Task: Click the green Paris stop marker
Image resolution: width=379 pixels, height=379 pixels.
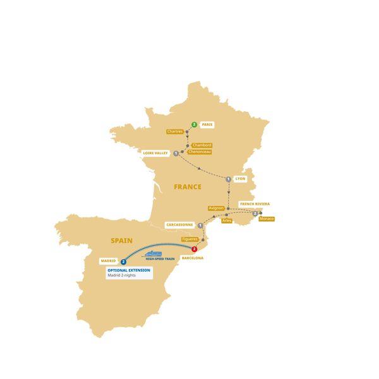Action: tap(194, 124)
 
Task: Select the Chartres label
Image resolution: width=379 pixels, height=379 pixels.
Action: tap(175, 131)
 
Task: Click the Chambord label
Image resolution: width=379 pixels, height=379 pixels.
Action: tap(202, 145)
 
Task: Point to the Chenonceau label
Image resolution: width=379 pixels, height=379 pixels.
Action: tap(199, 152)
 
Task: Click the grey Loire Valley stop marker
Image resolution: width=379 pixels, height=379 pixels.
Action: tap(176, 153)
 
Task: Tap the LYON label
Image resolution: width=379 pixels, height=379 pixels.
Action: tap(240, 179)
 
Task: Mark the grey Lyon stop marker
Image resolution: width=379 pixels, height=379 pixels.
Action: tap(228, 179)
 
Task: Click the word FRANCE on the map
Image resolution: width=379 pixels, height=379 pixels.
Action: tap(188, 187)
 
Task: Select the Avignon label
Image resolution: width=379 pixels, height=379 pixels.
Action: tap(216, 208)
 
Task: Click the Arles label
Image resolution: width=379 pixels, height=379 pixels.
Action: tap(227, 220)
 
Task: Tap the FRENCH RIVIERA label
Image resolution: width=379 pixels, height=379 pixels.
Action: tap(255, 204)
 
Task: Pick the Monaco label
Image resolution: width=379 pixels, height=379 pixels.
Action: tap(267, 219)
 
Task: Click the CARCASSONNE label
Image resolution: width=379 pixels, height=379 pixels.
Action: tap(179, 224)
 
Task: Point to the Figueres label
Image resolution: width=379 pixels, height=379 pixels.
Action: tap(190, 239)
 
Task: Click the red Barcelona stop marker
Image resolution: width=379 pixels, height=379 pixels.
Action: tap(194, 250)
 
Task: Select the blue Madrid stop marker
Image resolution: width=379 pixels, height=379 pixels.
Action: tap(124, 262)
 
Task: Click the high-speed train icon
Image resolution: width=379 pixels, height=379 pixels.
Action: tap(153, 253)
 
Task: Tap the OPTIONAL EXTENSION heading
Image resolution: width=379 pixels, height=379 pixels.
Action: tap(129, 270)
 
